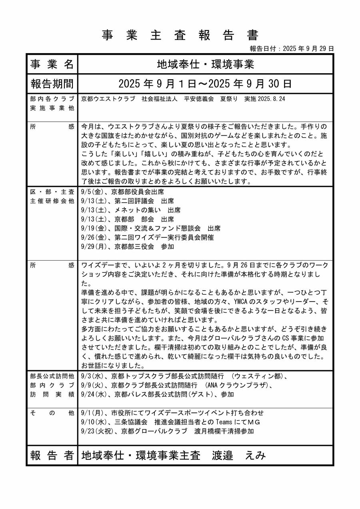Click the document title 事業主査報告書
point(180,35)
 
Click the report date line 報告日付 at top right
point(292,48)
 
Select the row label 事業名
point(52,64)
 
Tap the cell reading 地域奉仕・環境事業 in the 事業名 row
point(206,64)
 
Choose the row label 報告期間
point(52,84)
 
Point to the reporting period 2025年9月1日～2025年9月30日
point(206,84)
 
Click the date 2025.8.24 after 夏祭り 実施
point(271,99)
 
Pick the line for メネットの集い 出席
point(130,210)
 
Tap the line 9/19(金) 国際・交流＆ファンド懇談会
point(150,228)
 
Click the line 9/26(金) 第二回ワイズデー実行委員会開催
point(147,238)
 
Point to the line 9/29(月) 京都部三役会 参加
point(127,247)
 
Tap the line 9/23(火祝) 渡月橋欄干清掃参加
point(167,431)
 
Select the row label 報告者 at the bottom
point(52,455)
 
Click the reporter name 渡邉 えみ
point(239,455)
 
